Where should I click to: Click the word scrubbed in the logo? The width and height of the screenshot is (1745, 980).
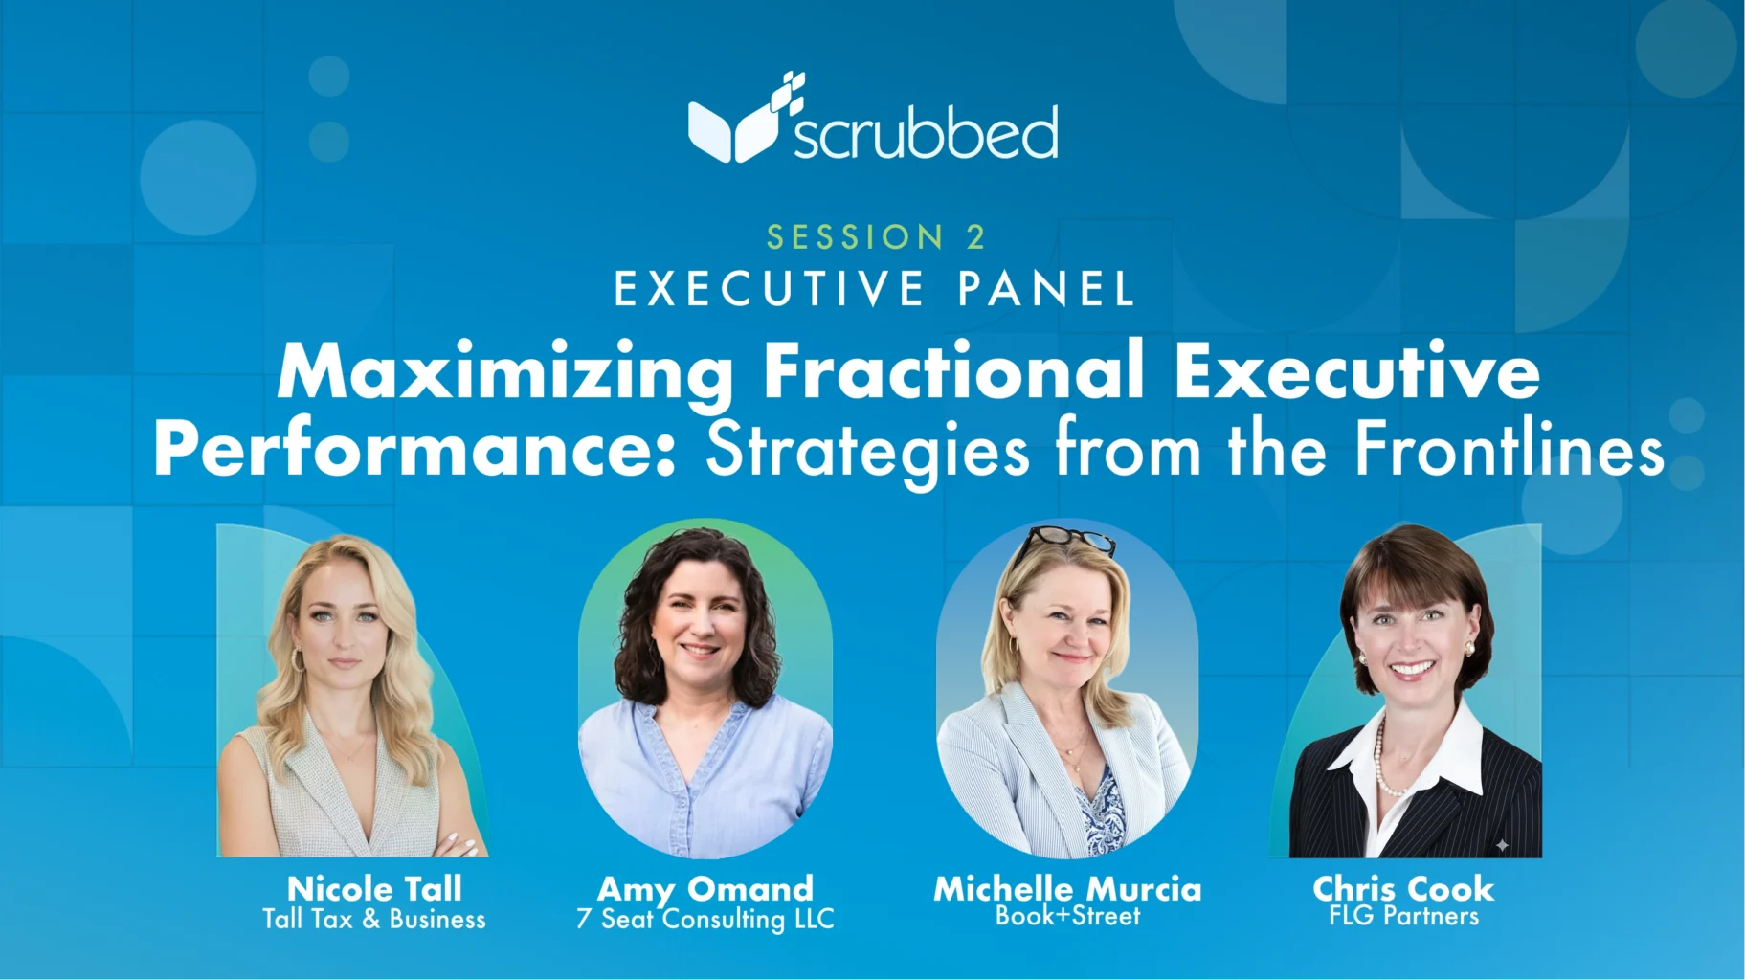(x=926, y=132)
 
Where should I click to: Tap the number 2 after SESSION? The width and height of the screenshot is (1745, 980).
(x=975, y=236)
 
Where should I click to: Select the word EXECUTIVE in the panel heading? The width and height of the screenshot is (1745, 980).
(x=770, y=289)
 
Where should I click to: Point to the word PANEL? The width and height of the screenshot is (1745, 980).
(x=1046, y=289)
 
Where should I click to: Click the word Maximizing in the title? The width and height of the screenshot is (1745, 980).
(x=506, y=373)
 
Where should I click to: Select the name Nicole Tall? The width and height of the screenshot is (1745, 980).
(x=374, y=888)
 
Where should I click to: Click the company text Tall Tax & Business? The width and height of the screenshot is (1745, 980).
(x=374, y=919)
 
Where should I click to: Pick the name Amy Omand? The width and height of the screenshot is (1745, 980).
(x=705, y=889)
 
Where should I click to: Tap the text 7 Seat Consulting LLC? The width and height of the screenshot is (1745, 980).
(x=705, y=920)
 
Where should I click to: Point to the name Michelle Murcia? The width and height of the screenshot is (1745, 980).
(x=1067, y=889)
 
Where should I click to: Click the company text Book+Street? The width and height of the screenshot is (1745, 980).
(x=1067, y=916)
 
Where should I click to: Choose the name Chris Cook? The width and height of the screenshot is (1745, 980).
(x=1403, y=889)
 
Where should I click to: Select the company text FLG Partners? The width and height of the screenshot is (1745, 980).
(x=1403, y=916)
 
